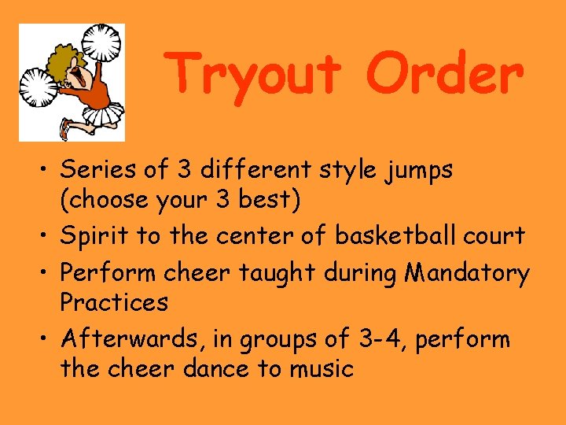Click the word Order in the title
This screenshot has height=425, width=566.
(x=445, y=73)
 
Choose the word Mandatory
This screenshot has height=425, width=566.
(x=467, y=273)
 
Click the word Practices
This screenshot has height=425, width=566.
(x=114, y=301)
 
